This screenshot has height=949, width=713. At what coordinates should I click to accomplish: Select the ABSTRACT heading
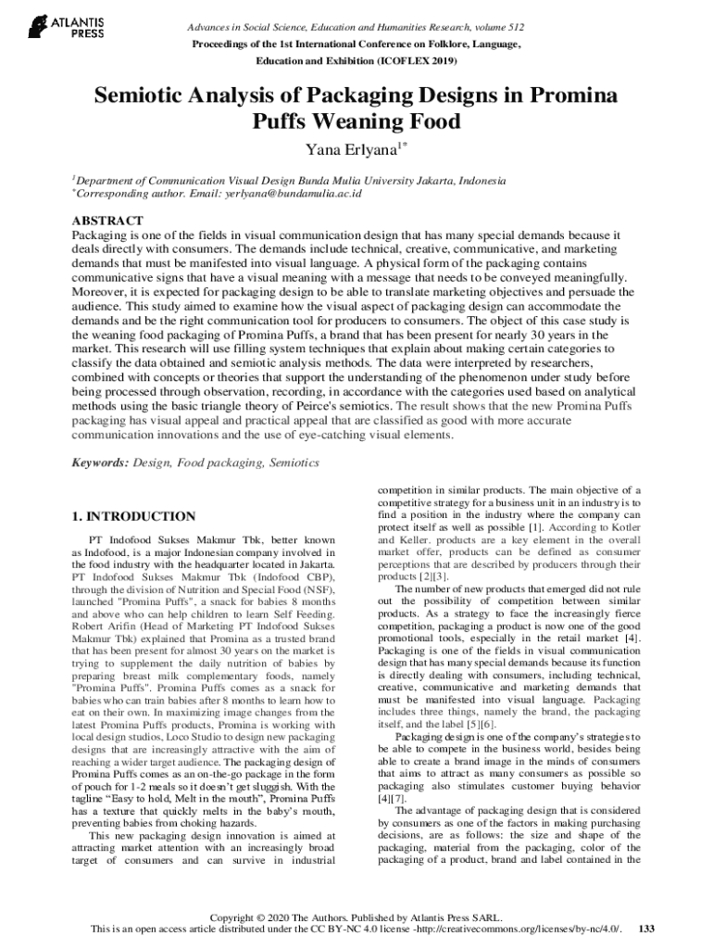[107, 221]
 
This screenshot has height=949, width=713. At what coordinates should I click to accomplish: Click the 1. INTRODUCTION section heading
[133, 516]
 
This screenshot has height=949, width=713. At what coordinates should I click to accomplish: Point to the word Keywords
[101, 462]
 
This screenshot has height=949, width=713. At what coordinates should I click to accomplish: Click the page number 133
[647, 929]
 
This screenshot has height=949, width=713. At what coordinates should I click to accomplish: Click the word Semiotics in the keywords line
[294, 462]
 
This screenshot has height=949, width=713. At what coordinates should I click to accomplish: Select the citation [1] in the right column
[534, 526]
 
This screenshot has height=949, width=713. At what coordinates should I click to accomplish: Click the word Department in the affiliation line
[109, 180]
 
